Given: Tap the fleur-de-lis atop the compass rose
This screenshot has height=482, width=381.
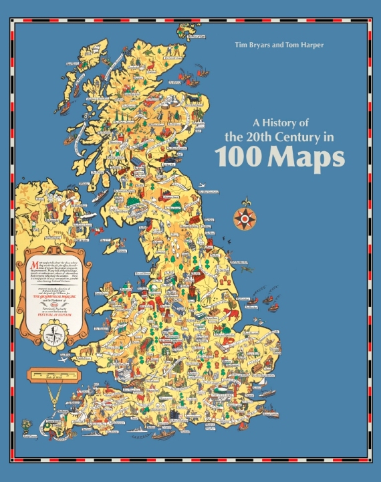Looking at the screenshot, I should pyautogui.click(x=243, y=201).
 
